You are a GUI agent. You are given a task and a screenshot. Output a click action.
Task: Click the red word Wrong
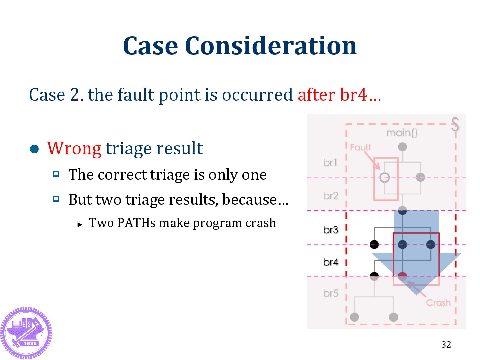pyautogui.click(x=74, y=148)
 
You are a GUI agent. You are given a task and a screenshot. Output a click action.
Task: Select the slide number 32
pyautogui.click(x=446, y=344)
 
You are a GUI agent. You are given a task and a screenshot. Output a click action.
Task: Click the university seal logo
pyautogui.click(x=26, y=333)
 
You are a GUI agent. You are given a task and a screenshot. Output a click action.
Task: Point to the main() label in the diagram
pyautogui.click(x=402, y=133)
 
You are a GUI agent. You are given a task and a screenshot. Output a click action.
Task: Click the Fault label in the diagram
pyautogui.click(x=360, y=147)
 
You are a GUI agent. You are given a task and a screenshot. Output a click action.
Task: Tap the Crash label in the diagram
pyautogui.click(x=438, y=303)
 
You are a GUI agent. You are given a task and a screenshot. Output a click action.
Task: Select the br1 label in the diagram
pyautogui.click(x=330, y=162)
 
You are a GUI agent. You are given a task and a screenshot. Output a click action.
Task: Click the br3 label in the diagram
pyautogui.click(x=330, y=230)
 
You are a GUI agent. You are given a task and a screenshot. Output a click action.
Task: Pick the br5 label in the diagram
pyautogui.click(x=330, y=293)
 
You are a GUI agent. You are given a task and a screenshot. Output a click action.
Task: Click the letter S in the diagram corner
pyautogui.click(x=455, y=124)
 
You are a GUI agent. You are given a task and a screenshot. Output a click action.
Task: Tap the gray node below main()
pyautogui.click(x=402, y=147)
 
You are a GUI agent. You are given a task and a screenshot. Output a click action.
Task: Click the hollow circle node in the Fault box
pyautogui.click(x=384, y=177)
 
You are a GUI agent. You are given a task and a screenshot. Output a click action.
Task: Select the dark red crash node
pyautogui.click(x=402, y=276)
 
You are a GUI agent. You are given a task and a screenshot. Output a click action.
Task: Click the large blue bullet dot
pyautogui.click(x=34, y=149)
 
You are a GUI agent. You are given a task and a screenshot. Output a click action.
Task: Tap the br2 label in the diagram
pyautogui.click(x=330, y=195)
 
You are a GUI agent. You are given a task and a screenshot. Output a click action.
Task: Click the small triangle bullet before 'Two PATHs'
pyautogui.click(x=80, y=225)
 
